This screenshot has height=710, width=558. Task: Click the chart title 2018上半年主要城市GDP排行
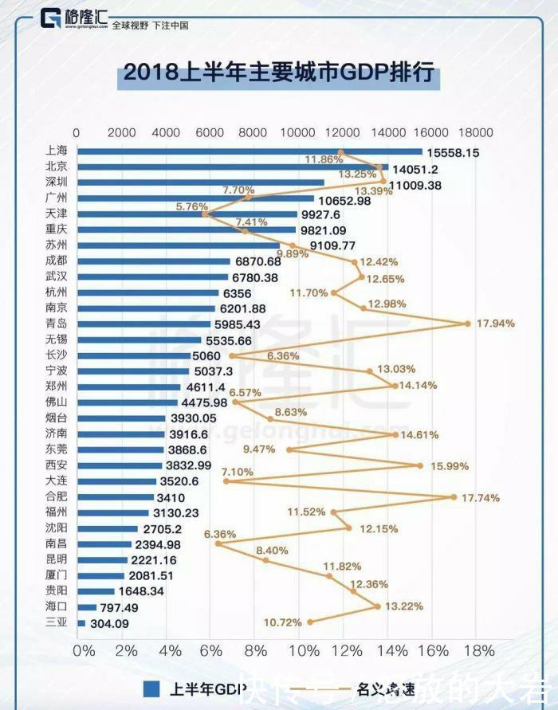point(278,73)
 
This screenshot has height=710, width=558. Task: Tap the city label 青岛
point(57,324)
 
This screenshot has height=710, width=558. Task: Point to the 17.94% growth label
point(495,324)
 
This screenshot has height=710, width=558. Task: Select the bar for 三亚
point(81,622)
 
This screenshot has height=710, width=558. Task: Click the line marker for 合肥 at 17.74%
point(454,496)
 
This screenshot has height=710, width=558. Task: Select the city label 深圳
point(57,182)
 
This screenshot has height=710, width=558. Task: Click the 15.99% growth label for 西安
point(449,465)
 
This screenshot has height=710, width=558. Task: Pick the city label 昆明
point(57,559)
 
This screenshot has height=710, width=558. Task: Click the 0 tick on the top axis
point(77,132)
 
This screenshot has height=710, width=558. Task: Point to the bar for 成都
point(152,261)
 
